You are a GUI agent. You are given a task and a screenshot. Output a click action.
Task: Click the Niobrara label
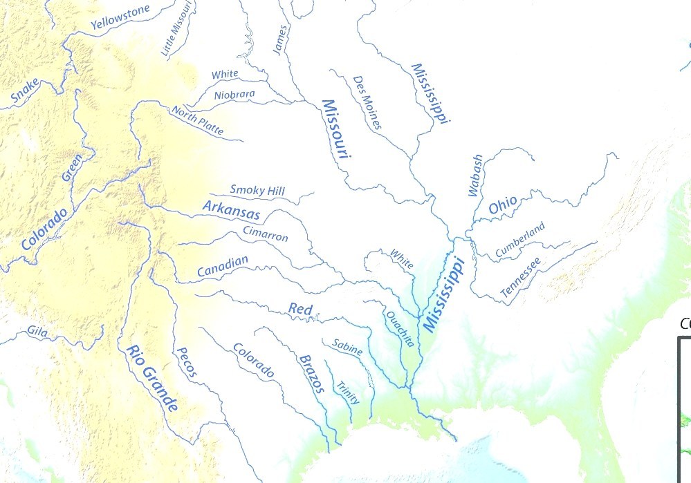(x=234, y=95)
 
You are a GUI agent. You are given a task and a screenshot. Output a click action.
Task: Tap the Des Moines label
(x=367, y=103)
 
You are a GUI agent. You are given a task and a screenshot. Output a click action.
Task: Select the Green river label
(x=73, y=167)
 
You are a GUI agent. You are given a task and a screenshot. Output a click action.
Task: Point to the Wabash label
(x=475, y=176)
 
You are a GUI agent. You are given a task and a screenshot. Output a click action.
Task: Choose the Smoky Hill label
(x=257, y=190)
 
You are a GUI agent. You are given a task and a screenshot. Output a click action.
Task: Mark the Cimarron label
(x=265, y=234)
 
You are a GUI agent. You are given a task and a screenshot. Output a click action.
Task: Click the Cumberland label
(x=520, y=240)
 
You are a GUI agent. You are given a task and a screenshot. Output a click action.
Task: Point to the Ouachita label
(x=400, y=329)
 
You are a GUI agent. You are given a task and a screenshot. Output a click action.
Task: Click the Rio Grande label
(x=151, y=377)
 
